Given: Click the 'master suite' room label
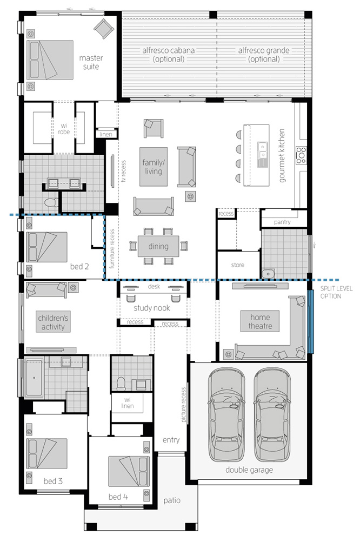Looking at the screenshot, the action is click(91, 62).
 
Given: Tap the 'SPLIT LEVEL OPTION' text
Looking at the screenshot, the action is click(336, 292).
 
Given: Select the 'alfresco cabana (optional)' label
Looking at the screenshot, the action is click(169, 55).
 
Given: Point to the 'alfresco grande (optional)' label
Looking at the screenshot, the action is click(264, 55).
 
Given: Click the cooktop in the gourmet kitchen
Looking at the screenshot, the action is click(301, 155).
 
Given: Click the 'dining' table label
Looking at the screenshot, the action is click(158, 246).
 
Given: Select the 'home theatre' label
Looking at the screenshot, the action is click(261, 321).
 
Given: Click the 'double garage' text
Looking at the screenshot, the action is click(249, 470).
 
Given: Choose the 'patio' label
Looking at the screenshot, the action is click(172, 500).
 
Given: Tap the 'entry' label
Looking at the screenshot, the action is click(171, 440).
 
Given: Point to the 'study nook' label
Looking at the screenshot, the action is click(152, 308).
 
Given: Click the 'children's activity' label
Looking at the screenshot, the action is click(53, 322).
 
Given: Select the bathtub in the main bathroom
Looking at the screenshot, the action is click(34, 378).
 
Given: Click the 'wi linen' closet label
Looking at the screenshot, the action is click(127, 403).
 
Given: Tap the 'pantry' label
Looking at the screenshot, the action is click(282, 222).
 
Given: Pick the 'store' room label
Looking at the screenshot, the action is click(238, 265).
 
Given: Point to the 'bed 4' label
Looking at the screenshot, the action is click(118, 497).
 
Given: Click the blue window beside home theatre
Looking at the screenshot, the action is click(310, 321).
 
